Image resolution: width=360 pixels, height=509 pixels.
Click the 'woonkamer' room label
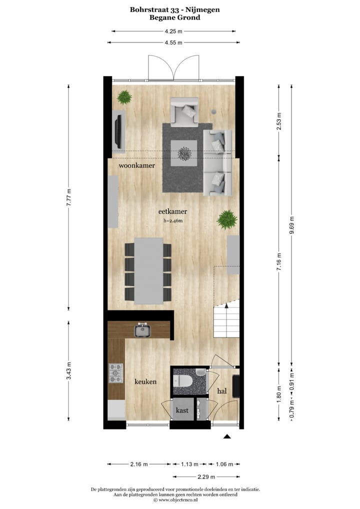(136, 165)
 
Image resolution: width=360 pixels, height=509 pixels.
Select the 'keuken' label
(145, 381)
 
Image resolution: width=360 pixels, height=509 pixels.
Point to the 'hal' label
(222, 391)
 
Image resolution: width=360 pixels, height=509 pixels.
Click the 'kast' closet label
(182, 410)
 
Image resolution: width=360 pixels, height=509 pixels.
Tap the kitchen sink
(143, 330)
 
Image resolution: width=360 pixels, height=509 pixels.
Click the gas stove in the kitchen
(116, 373)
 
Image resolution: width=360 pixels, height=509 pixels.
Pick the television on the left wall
(118, 130)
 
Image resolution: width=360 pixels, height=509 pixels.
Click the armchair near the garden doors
(184, 112)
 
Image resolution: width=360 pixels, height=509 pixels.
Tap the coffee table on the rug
(183, 152)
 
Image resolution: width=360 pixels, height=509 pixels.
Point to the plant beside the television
(124, 97)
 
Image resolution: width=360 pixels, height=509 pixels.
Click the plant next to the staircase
(227, 219)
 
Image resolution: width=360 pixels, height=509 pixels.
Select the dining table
(149, 270)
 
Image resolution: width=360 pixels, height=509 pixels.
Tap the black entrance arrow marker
(227, 437)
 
